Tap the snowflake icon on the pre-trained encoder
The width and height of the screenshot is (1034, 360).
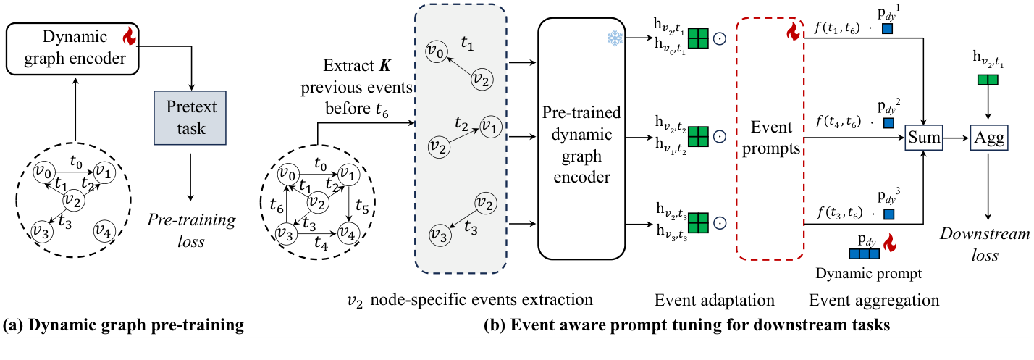(x=614, y=39)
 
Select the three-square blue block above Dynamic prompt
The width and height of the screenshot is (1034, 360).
(x=864, y=254)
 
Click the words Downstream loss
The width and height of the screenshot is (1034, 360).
(x=988, y=245)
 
